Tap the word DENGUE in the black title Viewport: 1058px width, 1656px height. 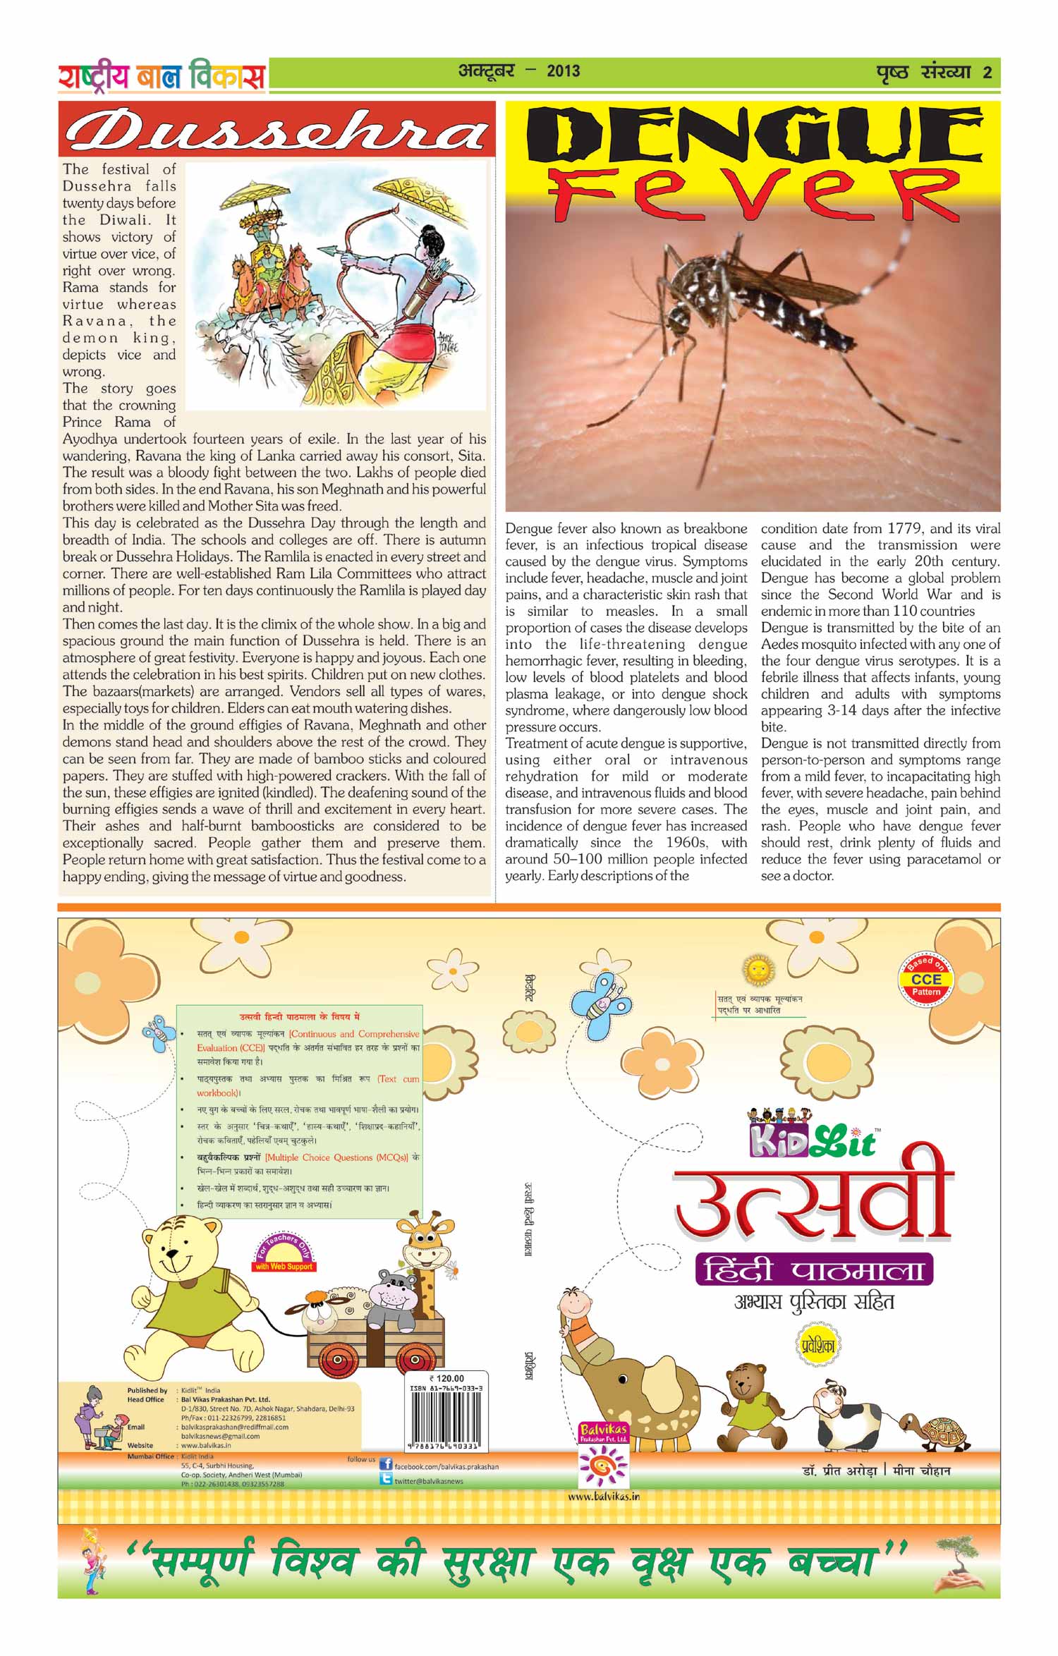(753, 136)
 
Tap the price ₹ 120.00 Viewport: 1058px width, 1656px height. (446, 1378)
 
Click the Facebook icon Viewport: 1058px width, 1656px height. (386, 1465)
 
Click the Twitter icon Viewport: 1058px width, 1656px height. (386, 1480)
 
